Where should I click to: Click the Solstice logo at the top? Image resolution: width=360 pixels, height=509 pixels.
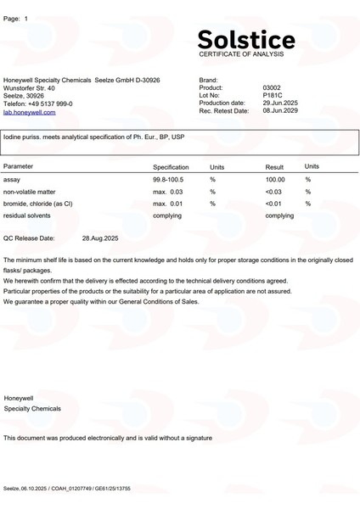[x=246, y=39]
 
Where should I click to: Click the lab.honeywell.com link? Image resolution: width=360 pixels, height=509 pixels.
[x=30, y=112]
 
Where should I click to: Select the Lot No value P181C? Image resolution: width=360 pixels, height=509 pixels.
[x=272, y=95]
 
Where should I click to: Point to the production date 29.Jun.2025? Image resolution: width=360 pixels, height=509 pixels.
[x=280, y=103]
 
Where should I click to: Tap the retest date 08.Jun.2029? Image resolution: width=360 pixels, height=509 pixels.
[x=280, y=110]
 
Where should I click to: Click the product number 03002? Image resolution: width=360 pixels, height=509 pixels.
[x=272, y=87]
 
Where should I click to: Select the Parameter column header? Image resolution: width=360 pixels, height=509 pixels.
[x=19, y=167]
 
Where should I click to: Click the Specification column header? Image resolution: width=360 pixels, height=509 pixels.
[x=171, y=167]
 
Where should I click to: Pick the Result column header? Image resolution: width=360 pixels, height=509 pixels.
[x=274, y=167]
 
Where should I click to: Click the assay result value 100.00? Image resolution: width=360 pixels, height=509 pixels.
[x=275, y=180]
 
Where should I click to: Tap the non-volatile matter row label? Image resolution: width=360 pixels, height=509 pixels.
[x=29, y=192]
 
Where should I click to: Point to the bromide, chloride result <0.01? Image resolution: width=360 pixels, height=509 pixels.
[x=273, y=204]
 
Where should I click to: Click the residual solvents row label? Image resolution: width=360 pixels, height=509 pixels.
[x=27, y=215]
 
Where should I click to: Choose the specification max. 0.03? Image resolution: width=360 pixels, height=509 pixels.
[x=167, y=192]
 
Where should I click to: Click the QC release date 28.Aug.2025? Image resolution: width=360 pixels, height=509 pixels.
[x=100, y=238]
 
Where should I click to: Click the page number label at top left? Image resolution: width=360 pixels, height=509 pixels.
[x=16, y=18]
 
